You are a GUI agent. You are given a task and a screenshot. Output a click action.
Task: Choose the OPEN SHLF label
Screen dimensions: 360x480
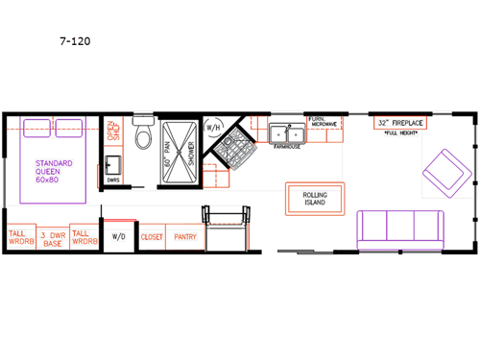[x=111, y=130]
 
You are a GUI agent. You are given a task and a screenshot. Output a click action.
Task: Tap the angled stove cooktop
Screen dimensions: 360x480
[x=232, y=151]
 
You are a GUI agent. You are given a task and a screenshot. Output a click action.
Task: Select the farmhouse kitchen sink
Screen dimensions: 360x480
[x=287, y=133]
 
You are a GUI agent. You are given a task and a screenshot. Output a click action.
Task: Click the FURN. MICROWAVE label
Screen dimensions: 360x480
[x=322, y=122]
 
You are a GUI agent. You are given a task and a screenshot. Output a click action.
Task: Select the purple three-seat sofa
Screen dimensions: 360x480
[x=400, y=228]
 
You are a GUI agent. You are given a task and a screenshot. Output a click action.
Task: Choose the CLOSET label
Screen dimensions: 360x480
[x=152, y=235]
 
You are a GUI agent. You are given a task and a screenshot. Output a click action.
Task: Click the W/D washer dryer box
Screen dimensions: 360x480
[x=119, y=235]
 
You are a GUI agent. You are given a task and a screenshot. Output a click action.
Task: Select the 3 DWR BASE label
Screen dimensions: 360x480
[x=53, y=238]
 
